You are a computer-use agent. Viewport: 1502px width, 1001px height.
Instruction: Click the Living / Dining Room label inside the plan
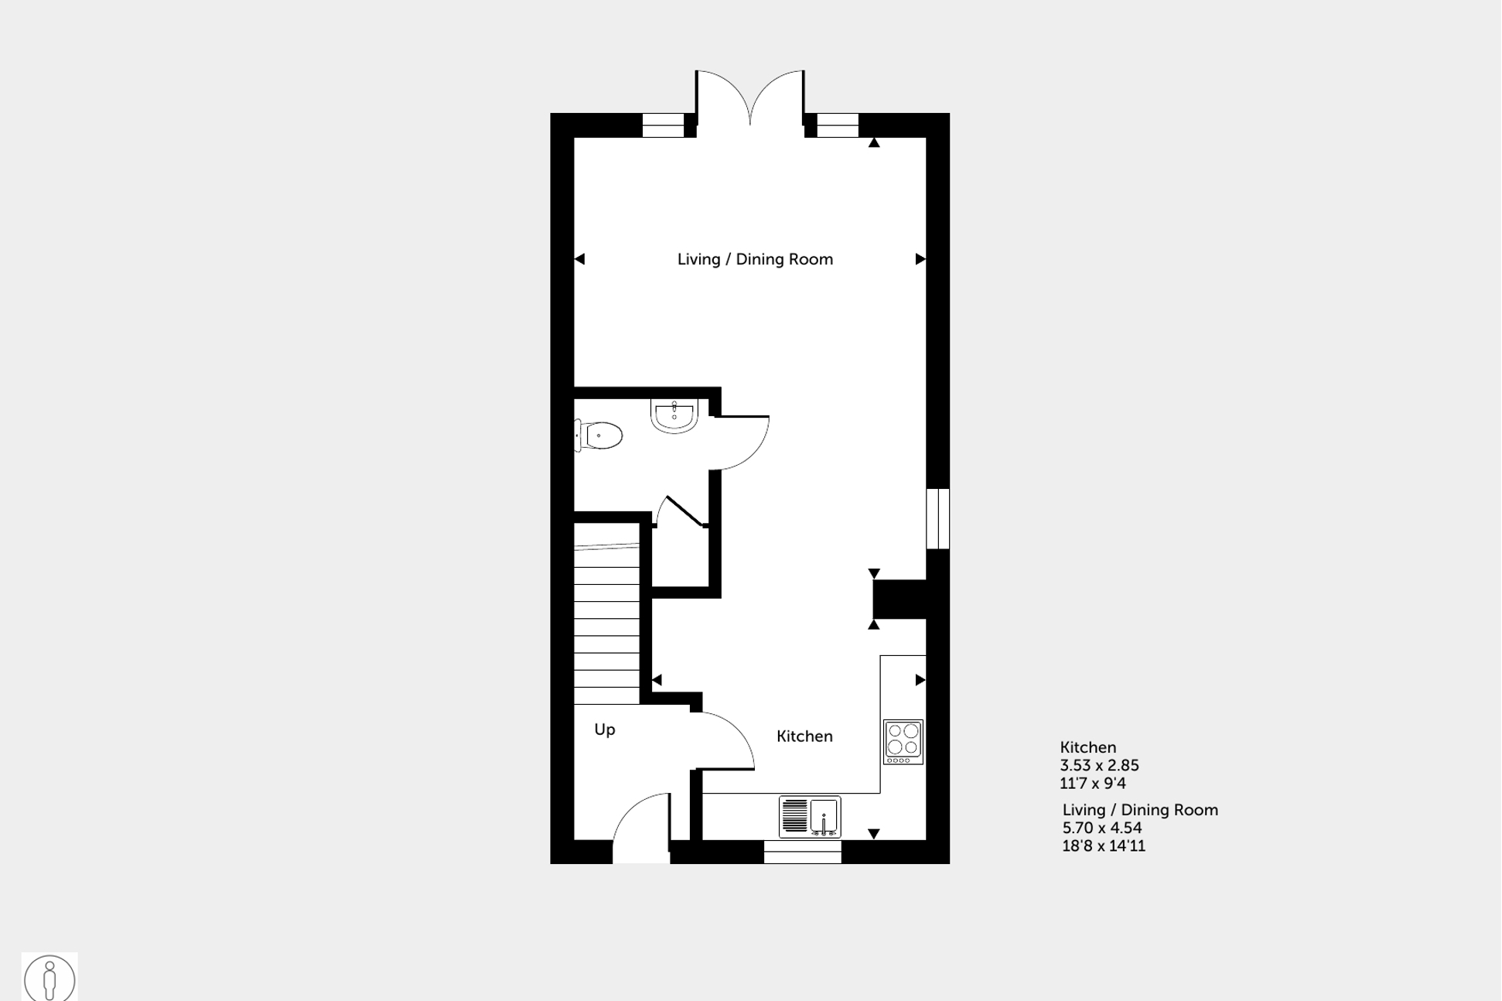tap(755, 259)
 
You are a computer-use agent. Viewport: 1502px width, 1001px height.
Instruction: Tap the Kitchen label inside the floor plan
tap(804, 736)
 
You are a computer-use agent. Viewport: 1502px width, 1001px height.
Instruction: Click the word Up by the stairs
tap(604, 729)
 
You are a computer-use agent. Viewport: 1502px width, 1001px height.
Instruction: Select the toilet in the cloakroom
tap(599, 436)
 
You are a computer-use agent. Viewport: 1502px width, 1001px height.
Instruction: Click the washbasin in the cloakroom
tap(674, 415)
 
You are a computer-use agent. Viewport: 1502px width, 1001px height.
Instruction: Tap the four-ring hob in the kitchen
tap(903, 741)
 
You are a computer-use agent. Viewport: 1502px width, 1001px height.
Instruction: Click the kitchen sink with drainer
tap(809, 816)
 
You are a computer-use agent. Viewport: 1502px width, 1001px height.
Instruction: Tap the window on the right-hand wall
tap(937, 518)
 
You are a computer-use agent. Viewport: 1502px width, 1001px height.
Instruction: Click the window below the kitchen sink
tap(802, 852)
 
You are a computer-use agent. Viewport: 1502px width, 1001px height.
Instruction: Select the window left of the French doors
tap(663, 125)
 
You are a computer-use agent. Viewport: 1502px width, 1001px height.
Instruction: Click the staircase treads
tap(606, 619)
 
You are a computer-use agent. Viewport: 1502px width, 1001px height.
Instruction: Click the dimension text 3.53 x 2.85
tap(1099, 765)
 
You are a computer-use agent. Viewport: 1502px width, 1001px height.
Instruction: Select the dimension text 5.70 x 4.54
tap(1102, 828)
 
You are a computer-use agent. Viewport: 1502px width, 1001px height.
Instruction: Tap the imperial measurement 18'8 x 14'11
tap(1104, 846)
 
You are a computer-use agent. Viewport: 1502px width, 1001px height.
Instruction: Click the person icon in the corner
tap(49, 978)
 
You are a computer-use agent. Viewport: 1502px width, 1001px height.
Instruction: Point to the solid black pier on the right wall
tap(899, 600)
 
